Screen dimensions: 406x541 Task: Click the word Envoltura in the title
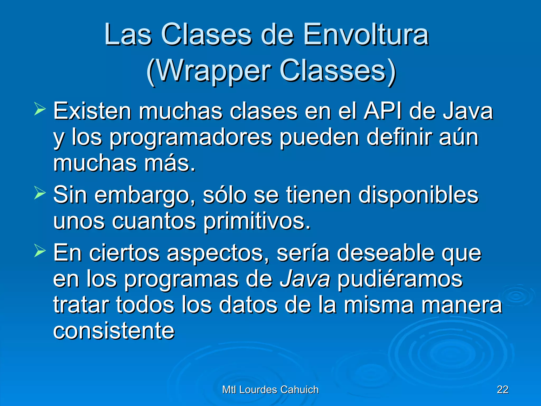coord(366,35)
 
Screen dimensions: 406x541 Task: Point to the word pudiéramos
coord(400,279)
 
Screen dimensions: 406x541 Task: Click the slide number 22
coord(502,390)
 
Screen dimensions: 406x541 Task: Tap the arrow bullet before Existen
coord(40,110)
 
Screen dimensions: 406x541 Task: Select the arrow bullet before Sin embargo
coord(40,193)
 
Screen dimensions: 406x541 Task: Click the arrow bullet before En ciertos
coord(40,251)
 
